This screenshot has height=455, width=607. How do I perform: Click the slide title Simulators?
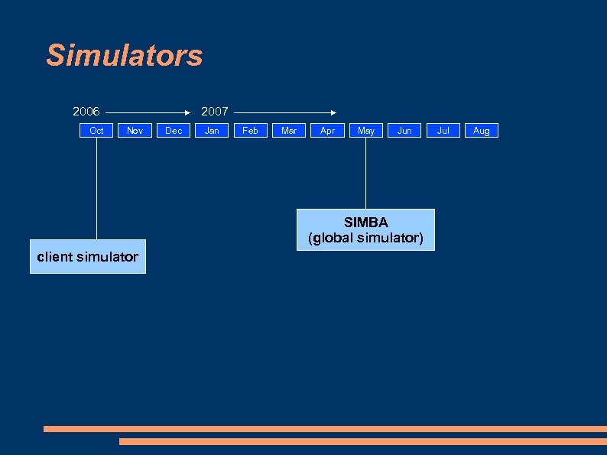click(x=124, y=56)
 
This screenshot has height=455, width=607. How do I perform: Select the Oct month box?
click(x=96, y=131)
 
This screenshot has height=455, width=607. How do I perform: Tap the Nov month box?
click(x=135, y=131)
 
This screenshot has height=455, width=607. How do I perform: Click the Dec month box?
click(x=174, y=131)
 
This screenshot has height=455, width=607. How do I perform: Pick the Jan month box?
click(x=212, y=131)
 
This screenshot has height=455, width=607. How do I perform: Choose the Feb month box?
click(x=250, y=131)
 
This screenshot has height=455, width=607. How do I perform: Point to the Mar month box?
click(x=289, y=131)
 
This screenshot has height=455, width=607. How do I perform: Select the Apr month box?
click(x=327, y=131)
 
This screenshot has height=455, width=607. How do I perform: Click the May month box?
click(x=366, y=131)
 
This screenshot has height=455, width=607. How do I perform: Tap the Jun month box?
click(x=404, y=131)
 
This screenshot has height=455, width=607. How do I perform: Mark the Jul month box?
click(x=443, y=131)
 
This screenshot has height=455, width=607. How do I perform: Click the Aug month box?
click(x=481, y=131)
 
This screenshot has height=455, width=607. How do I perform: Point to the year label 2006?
click(x=86, y=112)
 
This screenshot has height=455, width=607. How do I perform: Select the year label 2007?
click(x=214, y=112)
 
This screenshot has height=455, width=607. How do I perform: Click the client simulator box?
click(x=88, y=257)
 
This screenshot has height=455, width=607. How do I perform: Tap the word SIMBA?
click(x=365, y=223)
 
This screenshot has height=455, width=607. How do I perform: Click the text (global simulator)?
click(x=365, y=239)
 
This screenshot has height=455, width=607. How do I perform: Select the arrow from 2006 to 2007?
click(x=148, y=112)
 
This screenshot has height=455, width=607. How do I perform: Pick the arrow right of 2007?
click(x=284, y=112)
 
